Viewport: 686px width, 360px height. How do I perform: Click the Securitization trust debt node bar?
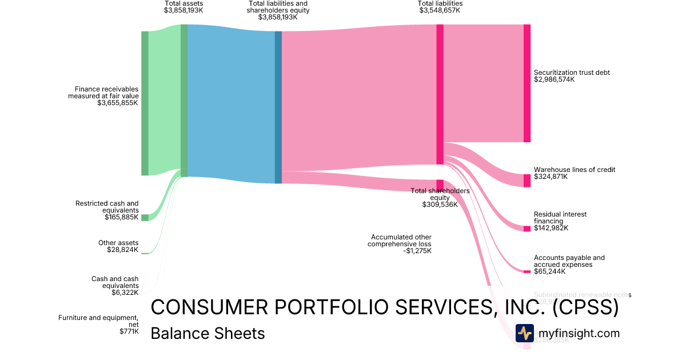(x=527, y=83)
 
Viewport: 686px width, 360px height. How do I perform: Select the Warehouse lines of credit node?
(x=527, y=181)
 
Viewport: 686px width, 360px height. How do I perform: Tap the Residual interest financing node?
(x=527, y=229)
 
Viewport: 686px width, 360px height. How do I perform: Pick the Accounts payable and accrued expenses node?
(x=527, y=271)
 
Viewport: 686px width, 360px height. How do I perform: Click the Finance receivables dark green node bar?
(x=145, y=103)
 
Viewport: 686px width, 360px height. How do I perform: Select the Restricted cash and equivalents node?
(x=145, y=217)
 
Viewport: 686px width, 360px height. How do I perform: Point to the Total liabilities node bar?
(x=440, y=95)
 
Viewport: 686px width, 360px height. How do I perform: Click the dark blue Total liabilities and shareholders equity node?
(x=278, y=107)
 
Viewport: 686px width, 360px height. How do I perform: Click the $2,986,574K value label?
(x=554, y=80)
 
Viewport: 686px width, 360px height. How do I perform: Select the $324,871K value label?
(x=551, y=177)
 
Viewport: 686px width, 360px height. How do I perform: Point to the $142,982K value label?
(x=551, y=229)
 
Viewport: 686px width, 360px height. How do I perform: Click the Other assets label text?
(x=118, y=243)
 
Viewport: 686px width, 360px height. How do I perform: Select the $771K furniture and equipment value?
(x=128, y=331)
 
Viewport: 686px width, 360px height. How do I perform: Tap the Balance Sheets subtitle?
(x=208, y=333)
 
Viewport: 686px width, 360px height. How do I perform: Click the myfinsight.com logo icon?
(x=524, y=333)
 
